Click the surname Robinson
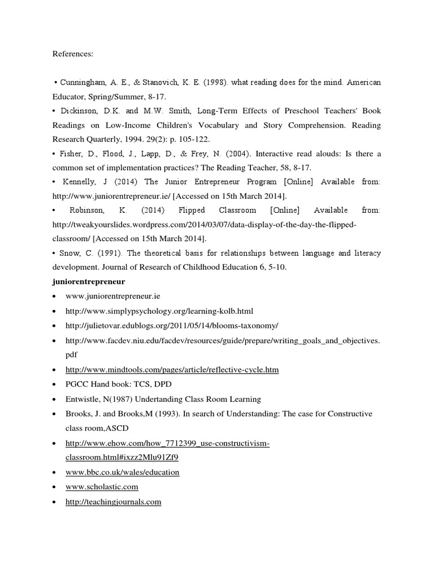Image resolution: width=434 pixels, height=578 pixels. [87, 210]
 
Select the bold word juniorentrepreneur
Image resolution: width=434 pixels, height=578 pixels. [88, 281]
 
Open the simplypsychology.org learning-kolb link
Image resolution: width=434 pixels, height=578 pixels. [159, 311]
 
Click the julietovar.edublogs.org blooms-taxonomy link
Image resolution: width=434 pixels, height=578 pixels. [172, 326]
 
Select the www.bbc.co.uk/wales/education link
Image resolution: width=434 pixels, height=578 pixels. [123, 472]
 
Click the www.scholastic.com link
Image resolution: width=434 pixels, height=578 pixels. [102, 487]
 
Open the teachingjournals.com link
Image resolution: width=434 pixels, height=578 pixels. [114, 501]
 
